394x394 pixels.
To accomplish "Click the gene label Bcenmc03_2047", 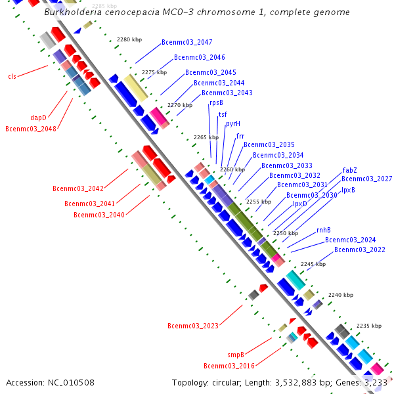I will [x=186, y=42].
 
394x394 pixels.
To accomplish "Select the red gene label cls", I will [x=12, y=76].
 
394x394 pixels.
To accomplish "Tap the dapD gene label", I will [x=38, y=118].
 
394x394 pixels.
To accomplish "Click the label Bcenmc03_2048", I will [x=31, y=129].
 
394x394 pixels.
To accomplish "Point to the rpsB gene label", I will [x=216, y=103].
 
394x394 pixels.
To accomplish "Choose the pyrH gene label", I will [x=233, y=123].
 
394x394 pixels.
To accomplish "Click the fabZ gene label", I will [x=349, y=170].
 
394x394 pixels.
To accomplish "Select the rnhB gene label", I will [x=323, y=230].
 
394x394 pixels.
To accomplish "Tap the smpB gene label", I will [x=236, y=355].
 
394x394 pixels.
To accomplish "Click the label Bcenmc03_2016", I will [x=229, y=366].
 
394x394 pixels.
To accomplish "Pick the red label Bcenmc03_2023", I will [x=193, y=326].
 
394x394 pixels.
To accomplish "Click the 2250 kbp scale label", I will [x=286, y=233].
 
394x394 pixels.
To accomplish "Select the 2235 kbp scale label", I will [x=368, y=326].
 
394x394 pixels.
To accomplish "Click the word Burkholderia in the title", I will [x=72, y=12].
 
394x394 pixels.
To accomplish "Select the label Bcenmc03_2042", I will [x=78, y=188].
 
